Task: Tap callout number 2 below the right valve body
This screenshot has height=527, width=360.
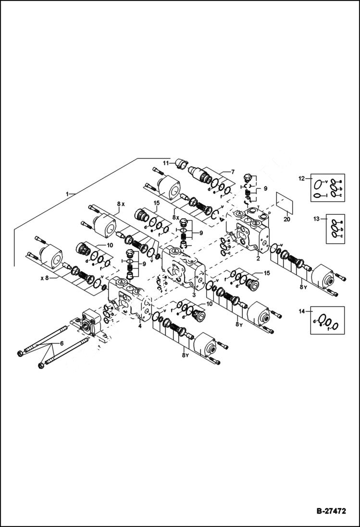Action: click(258, 258)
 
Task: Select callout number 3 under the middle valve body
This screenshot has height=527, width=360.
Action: click(193, 295)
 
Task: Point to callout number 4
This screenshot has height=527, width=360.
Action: click(140, 327)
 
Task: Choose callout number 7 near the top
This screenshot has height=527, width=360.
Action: click(233, 172)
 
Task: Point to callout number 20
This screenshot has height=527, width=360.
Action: click(287, 220)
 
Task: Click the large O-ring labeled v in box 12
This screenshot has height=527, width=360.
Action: click(318, 184)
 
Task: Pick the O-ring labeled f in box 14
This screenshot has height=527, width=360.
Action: click(335, 327)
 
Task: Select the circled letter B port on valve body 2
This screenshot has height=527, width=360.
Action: click(257, 223)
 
